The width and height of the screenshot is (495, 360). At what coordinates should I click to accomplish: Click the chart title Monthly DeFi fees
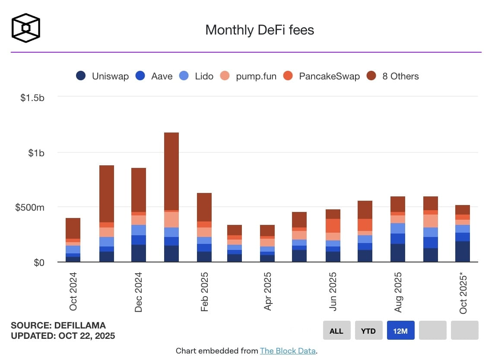(259, 30)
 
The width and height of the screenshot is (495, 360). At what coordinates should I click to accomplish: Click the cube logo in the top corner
(26, 28)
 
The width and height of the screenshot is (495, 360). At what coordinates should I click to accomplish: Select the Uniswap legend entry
(102, 76)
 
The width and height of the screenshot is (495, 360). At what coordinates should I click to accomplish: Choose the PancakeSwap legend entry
(322, 76)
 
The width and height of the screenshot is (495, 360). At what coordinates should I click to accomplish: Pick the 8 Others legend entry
(393, 76)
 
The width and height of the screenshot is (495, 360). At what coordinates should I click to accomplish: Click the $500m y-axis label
(29, 208)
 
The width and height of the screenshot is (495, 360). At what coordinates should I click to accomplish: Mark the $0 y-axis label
(39, 262)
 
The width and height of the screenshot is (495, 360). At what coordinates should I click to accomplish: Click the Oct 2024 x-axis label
(73, 291)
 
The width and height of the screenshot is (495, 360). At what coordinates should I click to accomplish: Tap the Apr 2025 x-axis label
(268, 291)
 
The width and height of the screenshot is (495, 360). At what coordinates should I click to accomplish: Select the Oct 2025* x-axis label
(463, 293)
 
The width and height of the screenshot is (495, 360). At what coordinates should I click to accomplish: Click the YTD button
(368, 331)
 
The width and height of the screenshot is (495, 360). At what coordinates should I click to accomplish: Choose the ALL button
(336, 331)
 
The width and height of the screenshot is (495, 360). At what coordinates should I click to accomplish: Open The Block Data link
(288, 351)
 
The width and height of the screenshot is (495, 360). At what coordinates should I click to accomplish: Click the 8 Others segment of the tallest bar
(171, 171)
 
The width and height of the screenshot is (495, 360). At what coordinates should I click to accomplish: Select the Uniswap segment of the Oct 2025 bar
(463, 251)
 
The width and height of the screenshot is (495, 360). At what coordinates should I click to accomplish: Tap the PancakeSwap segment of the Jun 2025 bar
(333, 226)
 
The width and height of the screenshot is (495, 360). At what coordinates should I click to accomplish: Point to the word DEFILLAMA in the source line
(80, 325)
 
